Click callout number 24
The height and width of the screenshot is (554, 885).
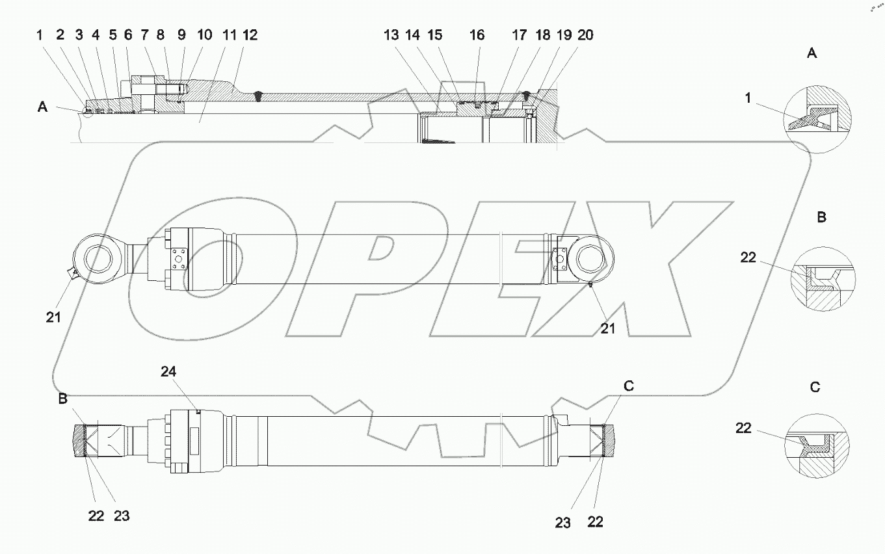(x=169, y=372)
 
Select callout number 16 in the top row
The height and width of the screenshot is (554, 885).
(x=477, y=35)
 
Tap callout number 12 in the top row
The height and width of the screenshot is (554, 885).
(x=249, y=35)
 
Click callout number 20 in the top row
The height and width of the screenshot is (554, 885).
(x=585, y=35)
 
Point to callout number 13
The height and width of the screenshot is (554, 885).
(x=391, y=35)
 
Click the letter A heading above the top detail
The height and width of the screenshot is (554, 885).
(x=811, y=54)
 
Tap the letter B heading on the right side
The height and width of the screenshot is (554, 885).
(x=821, y=217)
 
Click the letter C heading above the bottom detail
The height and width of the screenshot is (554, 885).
(x=815, y=388)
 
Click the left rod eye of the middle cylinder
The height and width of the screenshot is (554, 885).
(x=98, y=257)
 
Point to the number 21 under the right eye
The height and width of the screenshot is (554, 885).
(x=607, y=328)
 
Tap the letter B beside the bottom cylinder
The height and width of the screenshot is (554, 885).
(x=62, y=399)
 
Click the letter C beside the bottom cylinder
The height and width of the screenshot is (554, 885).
(x=628, y=386)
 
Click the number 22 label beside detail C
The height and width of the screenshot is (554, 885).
(x=743, y=428)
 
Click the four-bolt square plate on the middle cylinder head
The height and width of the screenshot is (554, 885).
(x=178, y=259)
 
